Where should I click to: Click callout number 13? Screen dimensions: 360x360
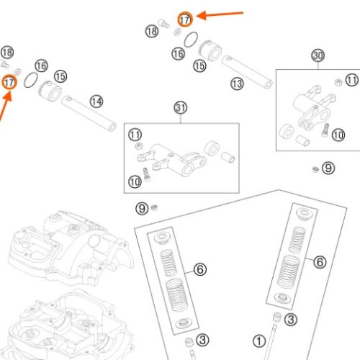(x=237, y=84)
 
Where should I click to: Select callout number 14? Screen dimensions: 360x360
(x=96, y=102)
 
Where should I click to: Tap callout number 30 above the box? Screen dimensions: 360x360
(x=318, y=55)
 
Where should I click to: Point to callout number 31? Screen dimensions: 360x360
(x=181, y=108)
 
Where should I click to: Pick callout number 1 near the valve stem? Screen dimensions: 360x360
(x=259, y=341)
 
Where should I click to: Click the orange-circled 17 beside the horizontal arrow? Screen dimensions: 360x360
(x=185, y=19)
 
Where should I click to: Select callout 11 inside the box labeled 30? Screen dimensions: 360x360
(x=352, y=80)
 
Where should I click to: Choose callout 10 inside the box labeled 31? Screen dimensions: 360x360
(x=135, y=181)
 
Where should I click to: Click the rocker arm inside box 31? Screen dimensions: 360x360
(x=172, y=160)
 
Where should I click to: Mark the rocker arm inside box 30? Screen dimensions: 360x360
(x=312, y=107)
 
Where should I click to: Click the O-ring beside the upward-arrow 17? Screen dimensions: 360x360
(x=31, y=80)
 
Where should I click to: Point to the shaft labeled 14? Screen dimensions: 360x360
(x=89, y=113)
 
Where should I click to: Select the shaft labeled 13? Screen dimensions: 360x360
(x=247, y=72)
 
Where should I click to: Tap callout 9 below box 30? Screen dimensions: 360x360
(x=328, y=168)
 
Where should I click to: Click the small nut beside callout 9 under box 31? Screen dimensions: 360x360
(x=154, y=207)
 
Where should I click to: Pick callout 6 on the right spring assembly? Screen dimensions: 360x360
(x=320, y=261)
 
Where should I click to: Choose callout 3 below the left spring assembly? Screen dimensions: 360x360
(x=202, y=340)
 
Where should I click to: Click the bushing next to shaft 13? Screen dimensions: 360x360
(x=210, y=50)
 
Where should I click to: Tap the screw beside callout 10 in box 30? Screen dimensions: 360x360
(x=325, y=130)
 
